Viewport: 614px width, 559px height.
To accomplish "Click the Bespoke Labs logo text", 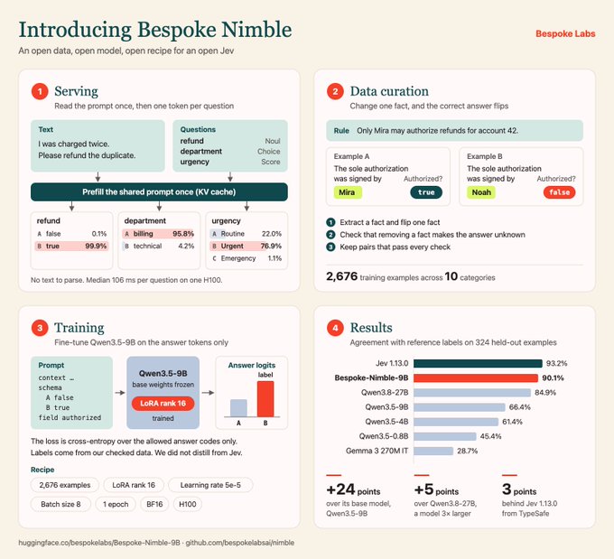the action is [x=565, y=33].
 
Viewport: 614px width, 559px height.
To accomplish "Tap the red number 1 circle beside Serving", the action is [x=40, y=92].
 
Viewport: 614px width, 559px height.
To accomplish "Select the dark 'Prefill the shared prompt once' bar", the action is [x=159, y=192].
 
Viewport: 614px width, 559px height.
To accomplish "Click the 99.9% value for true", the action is [x=96, y=246].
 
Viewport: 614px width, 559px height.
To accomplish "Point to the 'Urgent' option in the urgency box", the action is [x=232, y=246].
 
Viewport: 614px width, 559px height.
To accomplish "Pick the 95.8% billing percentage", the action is [x=183, y=234].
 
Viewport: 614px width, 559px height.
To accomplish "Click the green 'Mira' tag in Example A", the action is [x=347, y=192].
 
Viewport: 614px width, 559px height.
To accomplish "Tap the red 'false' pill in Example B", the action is [x=559, y=192].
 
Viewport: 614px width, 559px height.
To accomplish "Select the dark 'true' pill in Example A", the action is [x=426, y=192].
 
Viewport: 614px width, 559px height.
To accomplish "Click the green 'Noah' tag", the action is [x=481, y=192].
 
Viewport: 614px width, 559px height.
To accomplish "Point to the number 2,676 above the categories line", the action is [x=342, y=276].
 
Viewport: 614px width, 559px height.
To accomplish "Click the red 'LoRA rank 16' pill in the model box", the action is [x=163, y=404].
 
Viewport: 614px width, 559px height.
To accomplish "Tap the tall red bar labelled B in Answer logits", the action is [x=265, y=399].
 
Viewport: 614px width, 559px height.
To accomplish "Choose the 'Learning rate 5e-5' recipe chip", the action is [x=210, y=485].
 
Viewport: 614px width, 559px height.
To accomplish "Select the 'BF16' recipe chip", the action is [x=154, y=504].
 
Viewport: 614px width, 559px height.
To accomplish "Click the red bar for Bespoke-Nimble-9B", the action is [x=476, y=378].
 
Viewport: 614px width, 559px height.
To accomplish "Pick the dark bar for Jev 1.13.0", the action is [x=479, y=364].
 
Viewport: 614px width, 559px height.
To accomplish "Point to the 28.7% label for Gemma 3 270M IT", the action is [x=467, y=451].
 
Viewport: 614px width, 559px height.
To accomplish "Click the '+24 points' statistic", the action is [x=353, y=489].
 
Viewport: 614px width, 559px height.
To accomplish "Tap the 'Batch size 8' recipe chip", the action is [x=60, y=504].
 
